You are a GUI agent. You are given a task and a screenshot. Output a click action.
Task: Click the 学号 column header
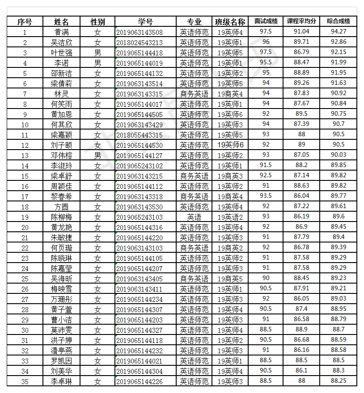coord(145,21)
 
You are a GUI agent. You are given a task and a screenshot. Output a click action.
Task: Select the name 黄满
coord(62,32)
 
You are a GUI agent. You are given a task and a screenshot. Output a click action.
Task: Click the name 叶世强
coord(62,53)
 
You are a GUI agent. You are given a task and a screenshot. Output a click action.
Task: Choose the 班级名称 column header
coord(230,21)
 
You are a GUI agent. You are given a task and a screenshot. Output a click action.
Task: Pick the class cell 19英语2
coord(230,217)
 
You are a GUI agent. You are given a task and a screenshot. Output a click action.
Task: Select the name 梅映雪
coord(62,289)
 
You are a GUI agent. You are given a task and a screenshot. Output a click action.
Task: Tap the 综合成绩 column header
coord(339,21)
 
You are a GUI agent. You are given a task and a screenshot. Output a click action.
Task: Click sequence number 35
coord(25,381)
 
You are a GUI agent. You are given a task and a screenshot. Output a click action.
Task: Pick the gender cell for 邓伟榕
coord(97,155)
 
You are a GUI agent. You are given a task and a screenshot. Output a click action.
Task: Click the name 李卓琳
coord(62,381)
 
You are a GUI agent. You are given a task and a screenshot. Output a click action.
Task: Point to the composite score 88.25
coord(339,380)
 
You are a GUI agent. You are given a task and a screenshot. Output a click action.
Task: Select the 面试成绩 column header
coord(266,21)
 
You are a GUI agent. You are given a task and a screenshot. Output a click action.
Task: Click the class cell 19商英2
coord(230,248)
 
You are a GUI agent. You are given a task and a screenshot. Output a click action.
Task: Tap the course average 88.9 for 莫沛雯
coord(301,329)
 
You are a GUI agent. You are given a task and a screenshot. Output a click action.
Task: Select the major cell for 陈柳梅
coord(194,217)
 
